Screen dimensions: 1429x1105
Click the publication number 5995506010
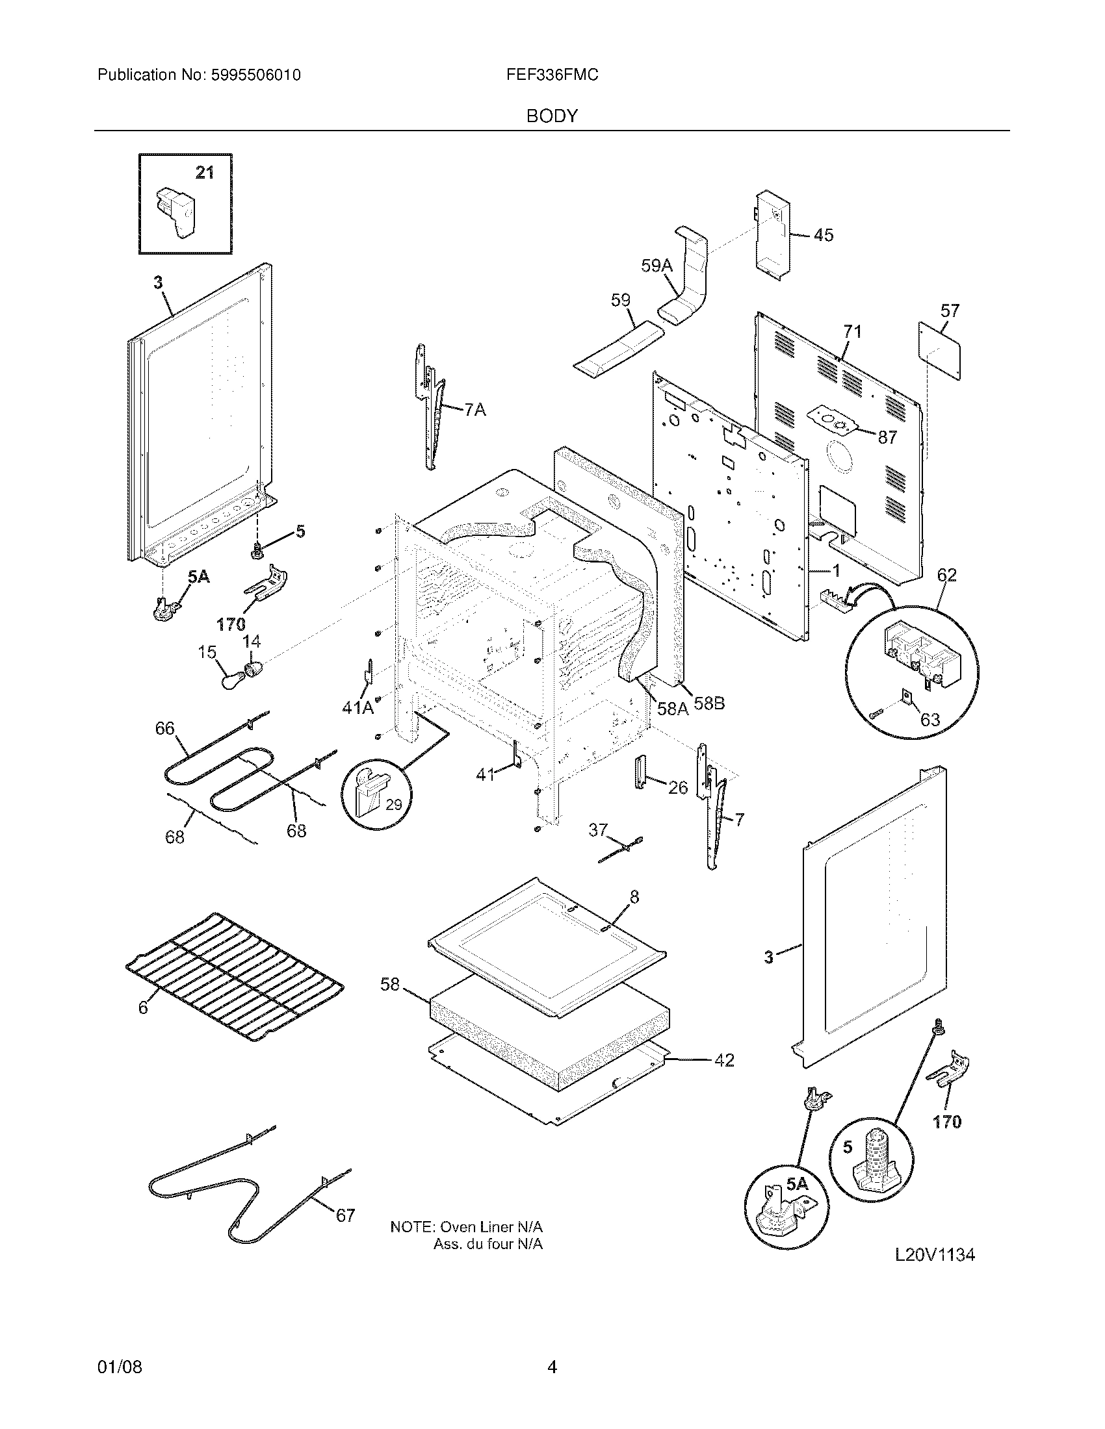tap(255, 75)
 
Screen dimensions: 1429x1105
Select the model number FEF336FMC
tap(552, 75)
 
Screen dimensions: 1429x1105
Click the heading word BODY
tap(552, 116)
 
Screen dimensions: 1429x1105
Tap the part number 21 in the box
tap(205, 173)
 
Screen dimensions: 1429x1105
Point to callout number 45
tap(824, 235)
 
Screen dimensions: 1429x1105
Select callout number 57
tap(950, 310)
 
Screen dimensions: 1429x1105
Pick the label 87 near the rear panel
tap(887, 438)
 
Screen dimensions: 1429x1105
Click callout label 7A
tap(475, 411)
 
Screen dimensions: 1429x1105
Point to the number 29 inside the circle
tap(393, 805)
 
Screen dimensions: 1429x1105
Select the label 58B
tap(709, 703)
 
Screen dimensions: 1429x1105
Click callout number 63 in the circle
tap(930, 720)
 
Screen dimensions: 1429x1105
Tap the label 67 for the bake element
tap(345, 1216)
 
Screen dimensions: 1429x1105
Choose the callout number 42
tap(723, 1060)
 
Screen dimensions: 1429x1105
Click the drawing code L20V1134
tap(935, 1255)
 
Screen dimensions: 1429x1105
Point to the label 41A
tap(357, 707)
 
